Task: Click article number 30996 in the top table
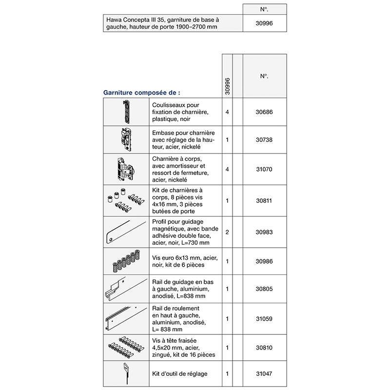(x=265, y=23)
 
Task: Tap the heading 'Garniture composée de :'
(x=141, y=92)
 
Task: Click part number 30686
(x=264, y=112)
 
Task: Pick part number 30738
(x=264, y=139)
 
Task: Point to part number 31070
(x=264, y=169)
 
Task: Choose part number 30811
(x=264, y=200)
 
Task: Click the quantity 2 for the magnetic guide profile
(x=227, y=232)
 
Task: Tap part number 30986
(x=264, y=261)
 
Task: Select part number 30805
(x=264, y=289)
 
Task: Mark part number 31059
(x=264, y=319)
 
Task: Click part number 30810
(x=264, y=348)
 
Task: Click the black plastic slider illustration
(x=126, y=112)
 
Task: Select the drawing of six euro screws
(x=126, y=262)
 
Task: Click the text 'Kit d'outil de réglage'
(x=180, y=374)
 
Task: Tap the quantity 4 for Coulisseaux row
(x=227, y=112)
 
